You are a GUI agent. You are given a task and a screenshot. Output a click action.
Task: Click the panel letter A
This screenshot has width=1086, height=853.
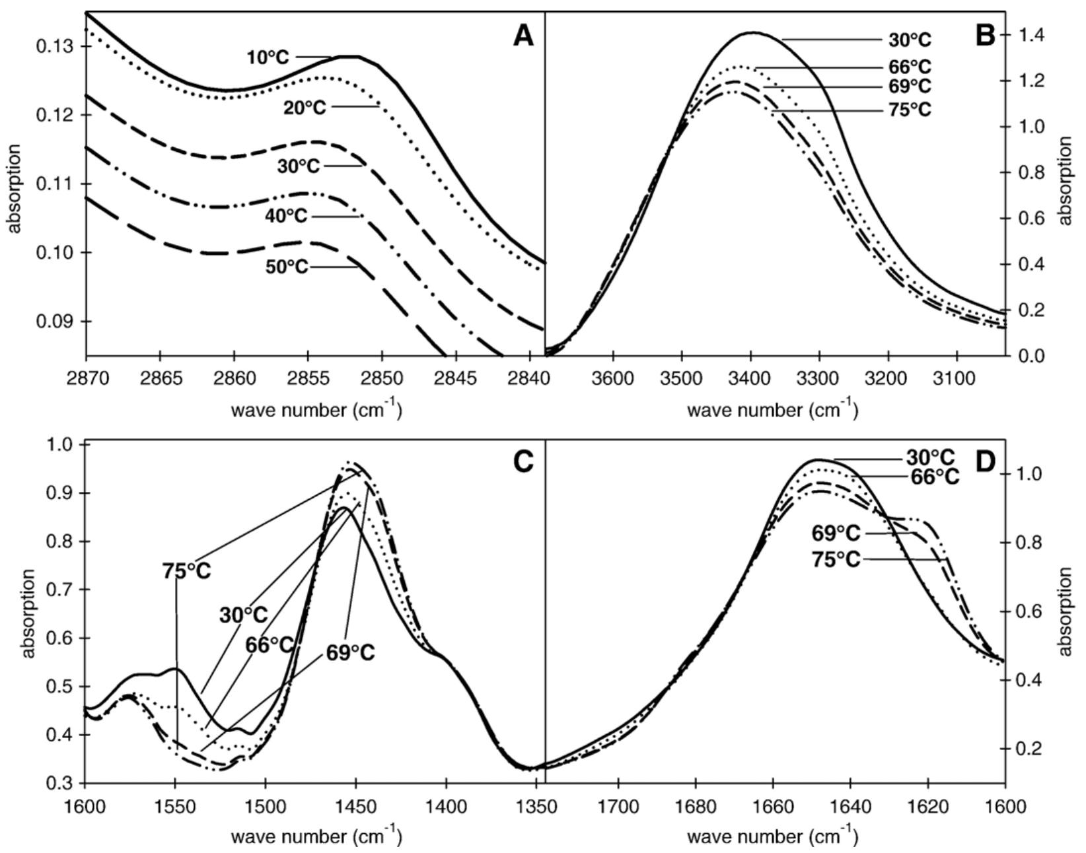[523, 36]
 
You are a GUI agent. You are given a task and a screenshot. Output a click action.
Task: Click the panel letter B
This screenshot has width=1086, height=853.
[984, 36]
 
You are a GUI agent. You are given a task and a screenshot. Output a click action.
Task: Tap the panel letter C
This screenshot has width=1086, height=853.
[523, 462]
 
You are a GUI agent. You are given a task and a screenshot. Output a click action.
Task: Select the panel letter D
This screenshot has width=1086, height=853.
[984, 462]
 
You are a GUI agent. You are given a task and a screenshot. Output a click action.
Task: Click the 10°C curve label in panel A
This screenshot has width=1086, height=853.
[268, 57]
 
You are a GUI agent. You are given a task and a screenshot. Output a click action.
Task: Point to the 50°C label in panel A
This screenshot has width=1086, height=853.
[287, 267]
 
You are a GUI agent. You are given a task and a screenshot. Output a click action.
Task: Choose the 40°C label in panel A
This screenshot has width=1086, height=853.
[286, 217]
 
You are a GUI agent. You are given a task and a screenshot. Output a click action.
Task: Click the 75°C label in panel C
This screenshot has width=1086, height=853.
[186, 570]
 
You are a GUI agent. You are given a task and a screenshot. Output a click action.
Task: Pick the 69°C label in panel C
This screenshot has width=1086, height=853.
[350, 653]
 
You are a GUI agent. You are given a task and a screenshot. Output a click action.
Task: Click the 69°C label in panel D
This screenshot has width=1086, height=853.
[836, 533]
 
